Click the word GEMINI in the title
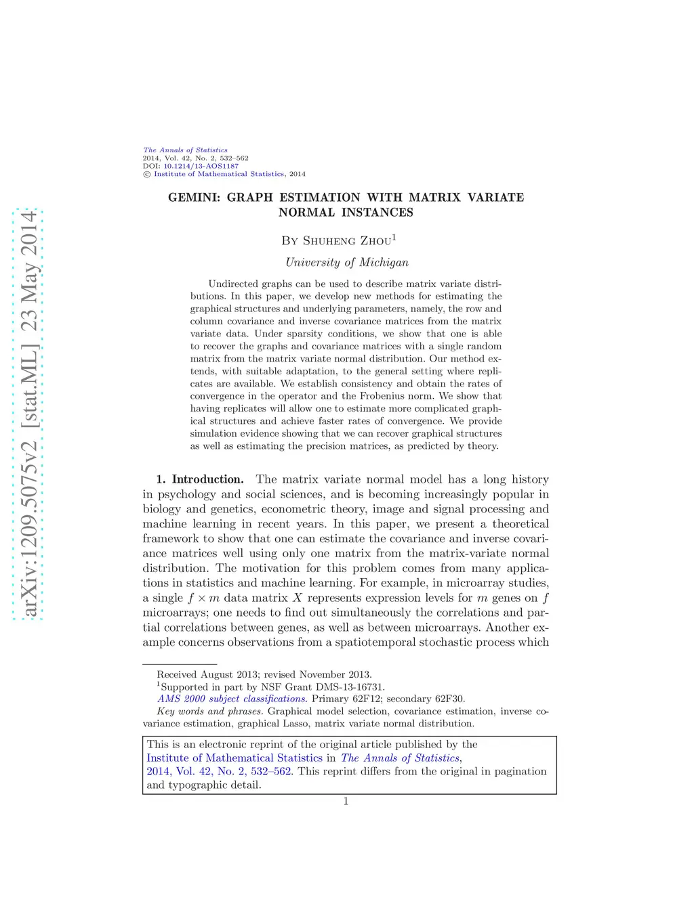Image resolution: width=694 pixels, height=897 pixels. (194, 198)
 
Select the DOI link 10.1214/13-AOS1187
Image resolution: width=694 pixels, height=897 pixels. (201, 166)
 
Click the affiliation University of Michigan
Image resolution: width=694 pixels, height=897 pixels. (346, 263)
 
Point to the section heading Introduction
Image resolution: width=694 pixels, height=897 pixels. (207, 479)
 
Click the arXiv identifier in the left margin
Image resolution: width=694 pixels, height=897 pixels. (28, 414)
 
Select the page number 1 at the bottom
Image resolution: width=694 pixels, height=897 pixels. (346, 802)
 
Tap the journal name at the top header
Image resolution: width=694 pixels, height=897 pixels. (185, 150)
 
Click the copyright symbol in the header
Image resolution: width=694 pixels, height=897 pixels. (146, 174)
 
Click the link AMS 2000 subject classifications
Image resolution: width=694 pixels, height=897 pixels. (231, 699)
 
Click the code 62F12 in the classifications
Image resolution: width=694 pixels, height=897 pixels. (366, 699)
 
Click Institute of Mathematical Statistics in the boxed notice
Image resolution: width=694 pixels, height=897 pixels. (234, 758)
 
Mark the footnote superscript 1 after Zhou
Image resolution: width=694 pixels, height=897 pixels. (394, 237)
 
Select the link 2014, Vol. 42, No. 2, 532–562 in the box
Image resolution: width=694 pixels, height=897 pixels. (219, 771)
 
